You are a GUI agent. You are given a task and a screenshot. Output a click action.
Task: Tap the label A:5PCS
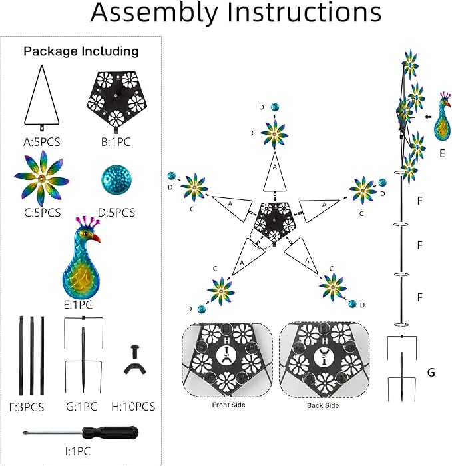click(42, 142)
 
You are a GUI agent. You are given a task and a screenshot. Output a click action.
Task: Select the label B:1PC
click(116, 142)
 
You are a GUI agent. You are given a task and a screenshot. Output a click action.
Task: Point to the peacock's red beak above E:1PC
click(96, 238)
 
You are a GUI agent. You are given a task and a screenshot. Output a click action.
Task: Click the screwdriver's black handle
click(110, 433)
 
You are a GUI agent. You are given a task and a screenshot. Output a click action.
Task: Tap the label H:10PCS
click(133, 406)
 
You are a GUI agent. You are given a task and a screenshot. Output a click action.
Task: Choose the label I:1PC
click(78, 451)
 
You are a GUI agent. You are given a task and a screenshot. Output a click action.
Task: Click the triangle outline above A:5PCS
click(42, 95)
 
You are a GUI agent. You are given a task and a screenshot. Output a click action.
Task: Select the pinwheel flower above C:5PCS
click(41, 179)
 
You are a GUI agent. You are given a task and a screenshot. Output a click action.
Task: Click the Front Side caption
click(228, 405)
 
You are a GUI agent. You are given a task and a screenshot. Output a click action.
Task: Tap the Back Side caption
click(323, 405)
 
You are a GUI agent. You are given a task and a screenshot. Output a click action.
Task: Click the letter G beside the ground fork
click(431, 372)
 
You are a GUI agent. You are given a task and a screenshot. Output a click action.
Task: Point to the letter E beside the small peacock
click(442, 153)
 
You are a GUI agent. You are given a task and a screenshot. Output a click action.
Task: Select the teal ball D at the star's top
click(275, 107)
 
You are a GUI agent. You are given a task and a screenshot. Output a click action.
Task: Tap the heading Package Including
click(81, 51)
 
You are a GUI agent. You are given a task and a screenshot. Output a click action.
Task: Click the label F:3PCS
click(27, 407)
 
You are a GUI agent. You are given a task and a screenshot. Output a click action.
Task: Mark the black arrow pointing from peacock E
click(428, 117)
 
